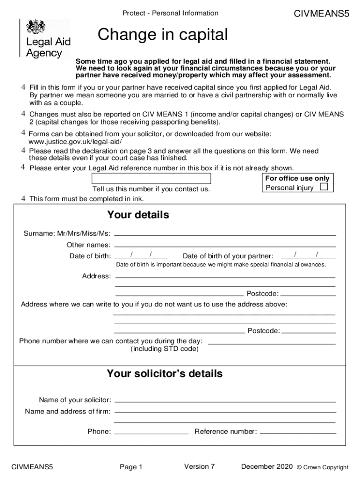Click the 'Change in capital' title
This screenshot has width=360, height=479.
[163, 35]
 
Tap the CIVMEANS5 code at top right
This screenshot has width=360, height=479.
[321, 14]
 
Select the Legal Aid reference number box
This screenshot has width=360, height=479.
[151, 179]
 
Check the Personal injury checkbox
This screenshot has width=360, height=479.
[324, 187]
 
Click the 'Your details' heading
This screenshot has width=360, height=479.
[138, 215]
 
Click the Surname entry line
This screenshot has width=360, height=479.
[225, 233]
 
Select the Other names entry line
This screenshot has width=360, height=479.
[225, 245]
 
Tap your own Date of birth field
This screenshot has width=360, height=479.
[141, 255]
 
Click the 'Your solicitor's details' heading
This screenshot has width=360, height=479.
[165, 374]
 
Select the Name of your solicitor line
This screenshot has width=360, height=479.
[225, 400]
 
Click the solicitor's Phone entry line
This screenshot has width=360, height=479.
[151, 432]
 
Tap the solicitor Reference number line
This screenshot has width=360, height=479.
[297, 432]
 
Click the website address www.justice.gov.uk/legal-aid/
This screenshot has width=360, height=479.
[75, 141]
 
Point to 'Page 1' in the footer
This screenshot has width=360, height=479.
[131, 467]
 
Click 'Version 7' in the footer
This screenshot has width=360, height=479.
[199, 466]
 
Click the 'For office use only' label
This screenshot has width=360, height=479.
[297, 178]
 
